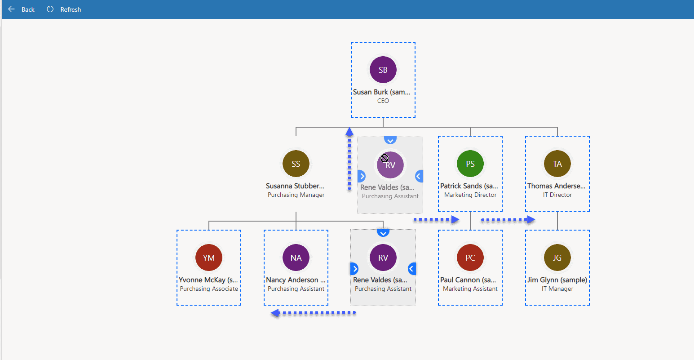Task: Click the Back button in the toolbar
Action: [x=21, y=9]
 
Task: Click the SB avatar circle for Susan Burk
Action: [x=383, y=70]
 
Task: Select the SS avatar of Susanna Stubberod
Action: [x=296, y=164]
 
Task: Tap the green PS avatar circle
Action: [x=470, y=164]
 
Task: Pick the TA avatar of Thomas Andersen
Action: [x=557, y=164]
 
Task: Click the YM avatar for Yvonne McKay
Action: [x=209, y=258]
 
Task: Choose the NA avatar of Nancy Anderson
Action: [x=296, y=258]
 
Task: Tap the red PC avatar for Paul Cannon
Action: [x=470, y=258]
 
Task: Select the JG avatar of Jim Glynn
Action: [x=557, y=258]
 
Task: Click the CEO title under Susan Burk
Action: [x=383, y=101]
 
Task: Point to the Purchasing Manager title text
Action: [x=296, y=195]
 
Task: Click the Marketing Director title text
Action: [x=470, y=195]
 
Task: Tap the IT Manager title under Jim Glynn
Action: [x=557, y=289]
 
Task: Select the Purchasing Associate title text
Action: [x=209, y=289]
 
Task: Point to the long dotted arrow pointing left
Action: [x=313, y=313]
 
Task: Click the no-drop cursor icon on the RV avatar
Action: [x=385, y=158]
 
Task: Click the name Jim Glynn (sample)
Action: [x=557, y=280]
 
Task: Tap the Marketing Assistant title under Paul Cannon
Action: [x=470, y=289]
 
